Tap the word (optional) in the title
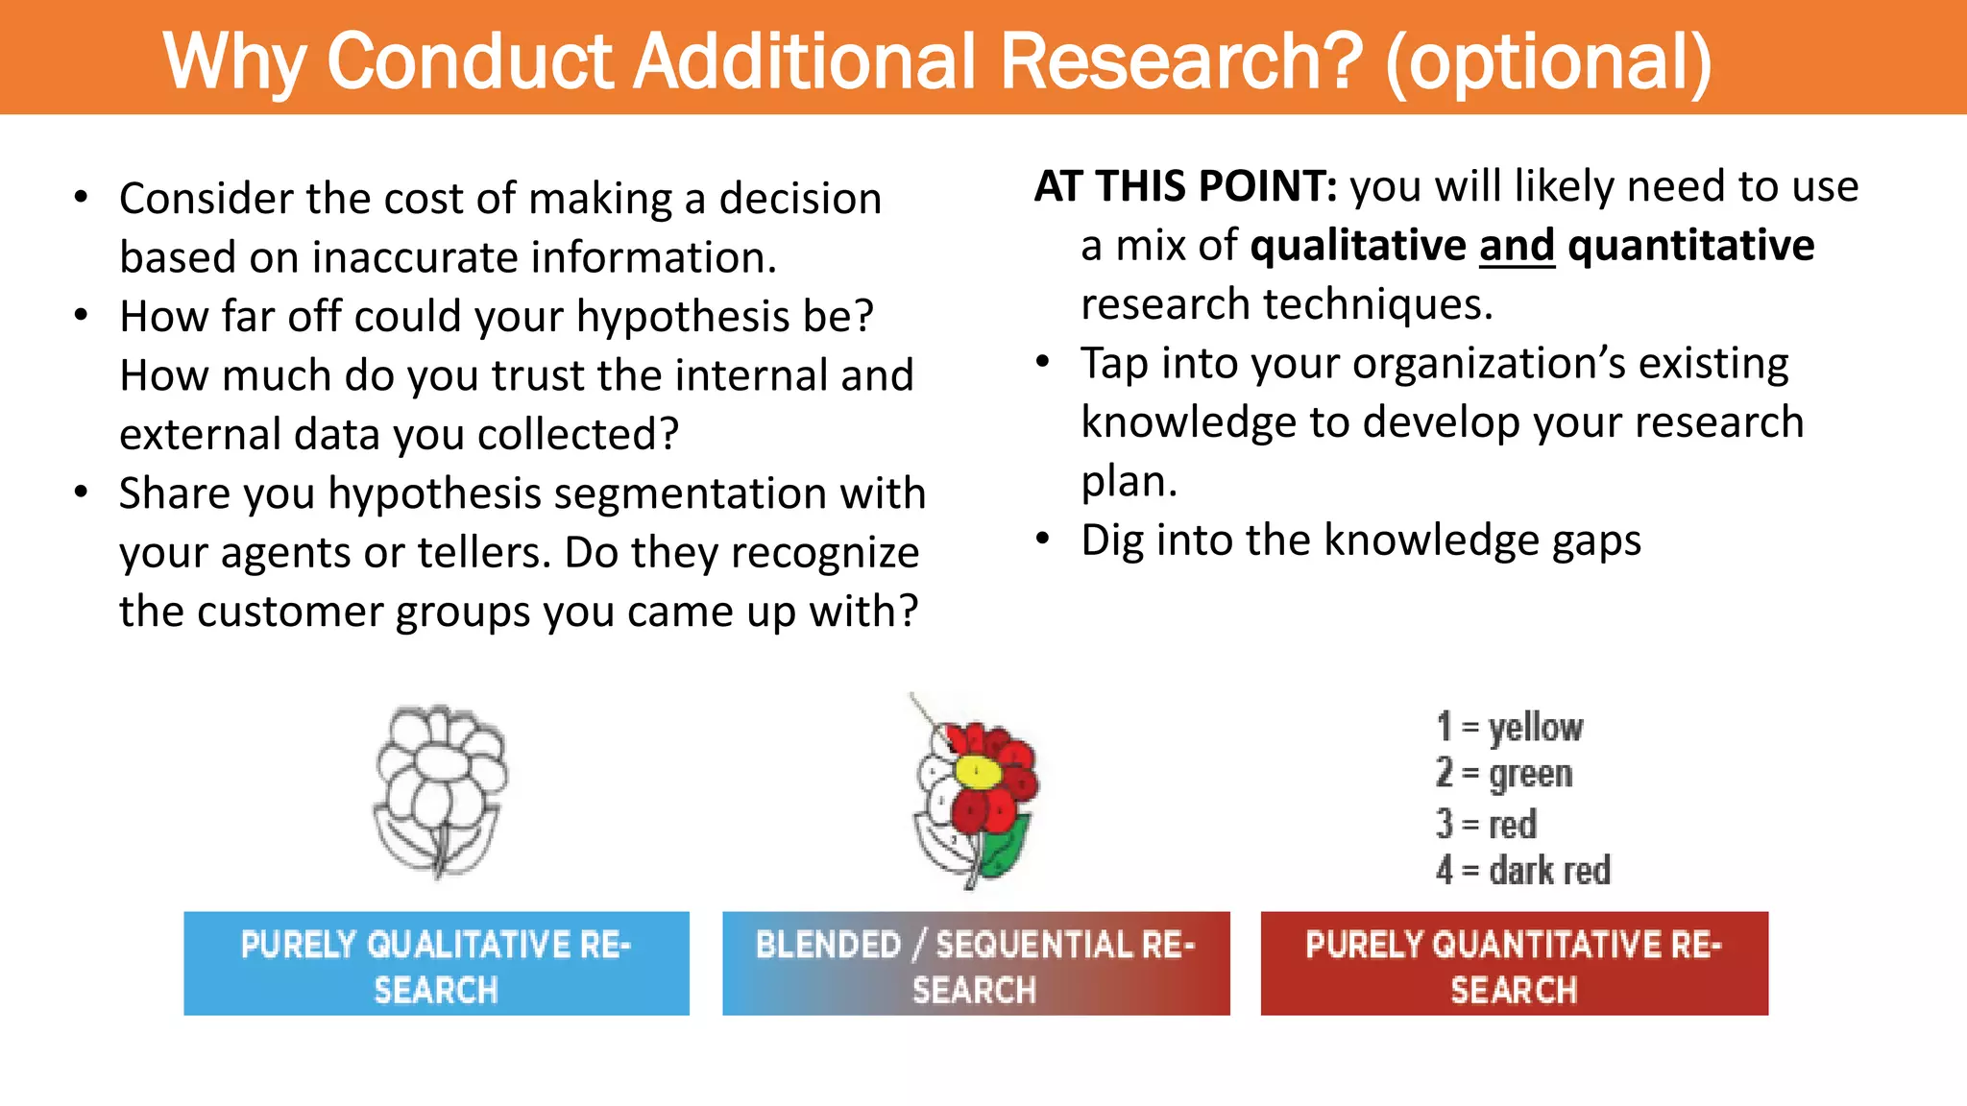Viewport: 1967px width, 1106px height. pos(1548,63)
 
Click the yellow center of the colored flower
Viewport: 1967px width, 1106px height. pos(979,770)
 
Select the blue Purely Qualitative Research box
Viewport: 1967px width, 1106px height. pos(436,964)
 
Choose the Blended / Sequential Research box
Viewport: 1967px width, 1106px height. pos(976,964)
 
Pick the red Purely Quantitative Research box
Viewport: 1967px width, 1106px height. pos(1514,964)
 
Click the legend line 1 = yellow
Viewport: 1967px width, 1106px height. pos(1510,728)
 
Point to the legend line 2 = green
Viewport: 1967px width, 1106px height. pos(1504,774)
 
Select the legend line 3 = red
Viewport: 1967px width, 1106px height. pos(1487,824)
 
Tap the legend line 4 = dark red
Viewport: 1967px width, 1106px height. pos(1523,871)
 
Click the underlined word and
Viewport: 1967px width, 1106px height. pos(1517,246)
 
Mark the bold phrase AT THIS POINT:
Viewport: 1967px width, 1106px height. pos(1186,186)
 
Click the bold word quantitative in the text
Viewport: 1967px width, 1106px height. pos(1691,246)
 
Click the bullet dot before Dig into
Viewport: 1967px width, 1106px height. pos(1044,540)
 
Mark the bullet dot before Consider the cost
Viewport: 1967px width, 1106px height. pos(82,198)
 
